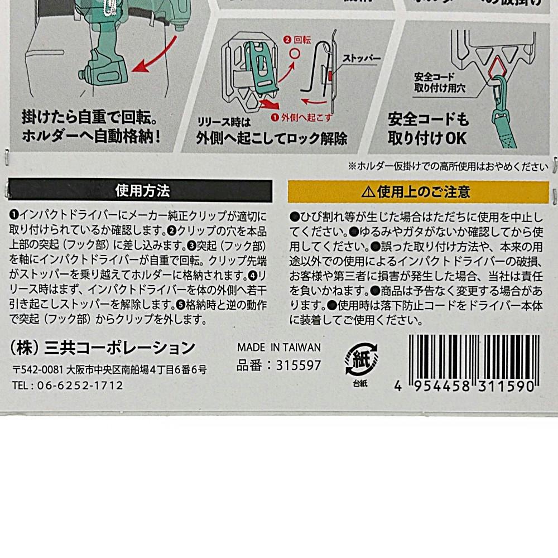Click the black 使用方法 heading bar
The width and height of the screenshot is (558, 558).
point(140,191)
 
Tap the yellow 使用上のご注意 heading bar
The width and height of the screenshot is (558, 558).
point(419,192)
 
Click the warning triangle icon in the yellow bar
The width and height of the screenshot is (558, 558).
point(368,192)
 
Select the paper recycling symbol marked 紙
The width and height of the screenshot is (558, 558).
point(361,359)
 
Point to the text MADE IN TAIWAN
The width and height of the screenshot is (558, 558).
point(279,347)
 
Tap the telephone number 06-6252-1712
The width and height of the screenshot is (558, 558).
point(80,386)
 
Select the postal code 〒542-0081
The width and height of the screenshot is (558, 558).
point(38,370)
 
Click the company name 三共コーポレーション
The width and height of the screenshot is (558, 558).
point(120,348)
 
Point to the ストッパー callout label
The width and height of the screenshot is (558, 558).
point(361,59)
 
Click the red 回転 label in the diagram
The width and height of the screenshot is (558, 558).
point(302,40)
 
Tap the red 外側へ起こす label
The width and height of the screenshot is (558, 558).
point(306,117)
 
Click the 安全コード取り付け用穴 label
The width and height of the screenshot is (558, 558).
point(440,82)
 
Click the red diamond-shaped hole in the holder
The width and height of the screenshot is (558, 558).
point(498,68)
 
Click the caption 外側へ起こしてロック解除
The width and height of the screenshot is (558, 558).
point(272,138)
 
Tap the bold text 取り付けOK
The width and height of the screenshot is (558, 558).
point(427,138)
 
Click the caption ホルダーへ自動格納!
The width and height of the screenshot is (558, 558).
point(92,136)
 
